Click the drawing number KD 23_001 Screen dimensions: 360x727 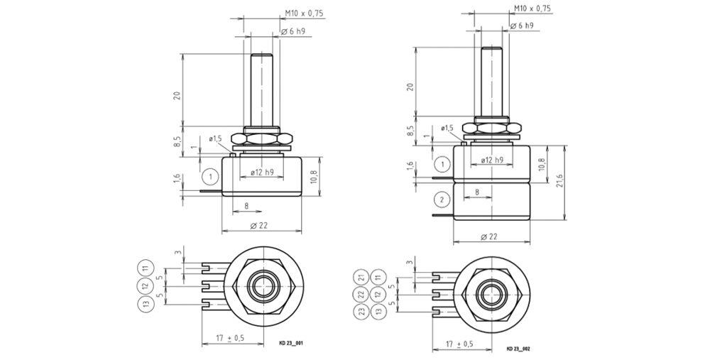pos(291,343)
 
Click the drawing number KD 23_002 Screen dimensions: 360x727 pos(518,349)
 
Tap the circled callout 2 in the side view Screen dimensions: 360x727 pos(442,198)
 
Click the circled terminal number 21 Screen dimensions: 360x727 pos(361,277)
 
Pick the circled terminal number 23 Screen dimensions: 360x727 pos(361,311)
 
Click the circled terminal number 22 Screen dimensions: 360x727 pos(361,294)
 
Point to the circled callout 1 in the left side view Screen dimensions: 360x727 pos(210,175)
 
